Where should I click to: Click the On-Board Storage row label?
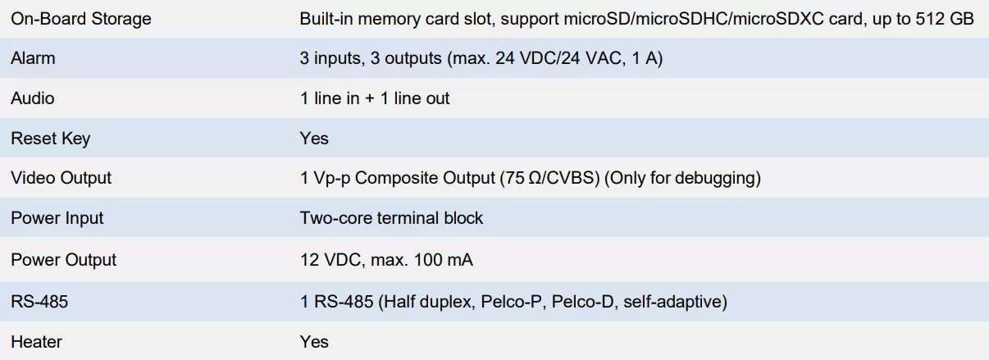[x=81, y=19]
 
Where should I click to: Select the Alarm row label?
[x=33, y=58]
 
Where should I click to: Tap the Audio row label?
[x=33, y=98]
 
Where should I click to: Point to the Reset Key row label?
[x=50, y=139]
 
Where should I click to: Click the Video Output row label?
[x=61, y=178]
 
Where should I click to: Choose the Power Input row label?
[x=57, y=218]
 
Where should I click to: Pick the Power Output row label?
[x=64, y=260]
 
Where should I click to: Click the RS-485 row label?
[x=39, y=302]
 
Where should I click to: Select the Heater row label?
[x=36, y=342]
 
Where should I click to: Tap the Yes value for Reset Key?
[x=314, y=139]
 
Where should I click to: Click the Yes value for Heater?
[x=314, y=342]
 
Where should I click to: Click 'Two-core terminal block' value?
[x=391, y=218]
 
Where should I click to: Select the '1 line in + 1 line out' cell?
[x=375, y=98]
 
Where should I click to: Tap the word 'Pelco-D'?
[x=582, y=302]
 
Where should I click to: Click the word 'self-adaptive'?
[x=672, y=302]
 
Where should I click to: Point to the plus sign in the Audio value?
[x=370, y=98]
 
